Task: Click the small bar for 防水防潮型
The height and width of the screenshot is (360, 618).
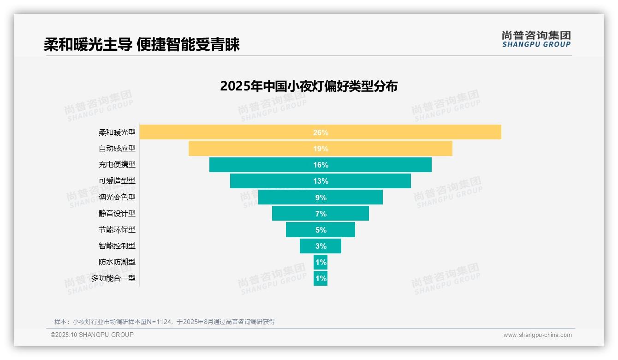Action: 321,262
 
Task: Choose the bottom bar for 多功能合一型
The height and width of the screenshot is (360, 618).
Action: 321,278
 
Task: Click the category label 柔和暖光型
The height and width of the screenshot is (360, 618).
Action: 117,132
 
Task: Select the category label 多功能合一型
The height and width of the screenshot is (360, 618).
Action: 113,278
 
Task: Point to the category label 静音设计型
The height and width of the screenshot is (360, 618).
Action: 117,214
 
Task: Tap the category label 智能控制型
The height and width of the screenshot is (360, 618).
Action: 117,246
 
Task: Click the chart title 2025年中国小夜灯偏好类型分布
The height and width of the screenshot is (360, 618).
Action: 309,86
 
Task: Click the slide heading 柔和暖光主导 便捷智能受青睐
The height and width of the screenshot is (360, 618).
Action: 142,45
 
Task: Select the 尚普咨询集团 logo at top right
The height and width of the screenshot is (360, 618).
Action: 536,39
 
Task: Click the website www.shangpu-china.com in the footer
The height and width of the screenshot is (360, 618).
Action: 537,335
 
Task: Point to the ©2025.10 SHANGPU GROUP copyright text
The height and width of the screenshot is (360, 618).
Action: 92,335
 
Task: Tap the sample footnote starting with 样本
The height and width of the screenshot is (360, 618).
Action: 165,322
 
